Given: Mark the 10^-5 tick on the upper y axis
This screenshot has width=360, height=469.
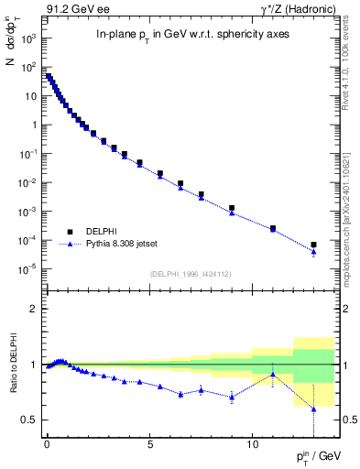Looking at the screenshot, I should pos(30,268).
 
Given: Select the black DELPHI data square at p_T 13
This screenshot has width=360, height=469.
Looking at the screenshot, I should pos(314,245).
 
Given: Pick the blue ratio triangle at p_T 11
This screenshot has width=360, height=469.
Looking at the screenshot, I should pos(273,374).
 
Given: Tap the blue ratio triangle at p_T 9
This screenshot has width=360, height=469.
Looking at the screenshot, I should pos(232,397).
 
